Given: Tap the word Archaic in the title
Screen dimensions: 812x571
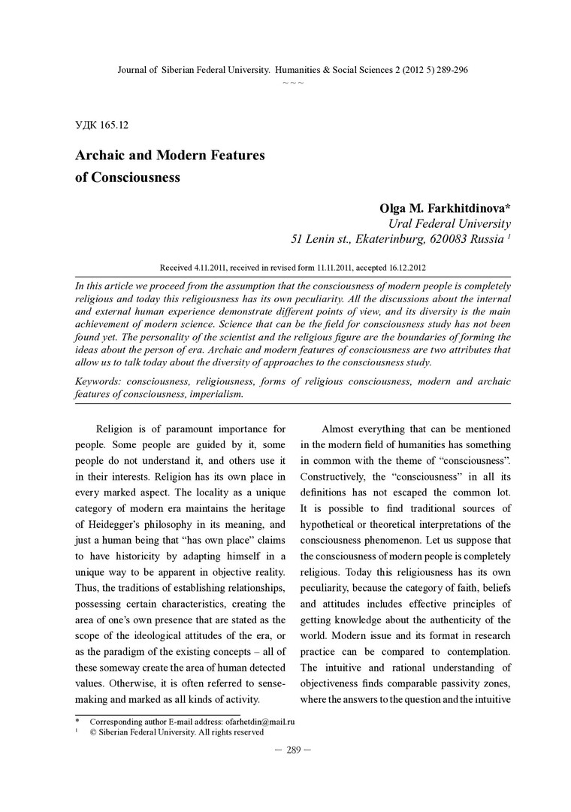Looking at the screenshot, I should coord(106,156).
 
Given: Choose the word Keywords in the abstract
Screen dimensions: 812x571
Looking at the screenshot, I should coord(99,381).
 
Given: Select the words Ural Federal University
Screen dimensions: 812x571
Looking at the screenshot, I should coord(449,224).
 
